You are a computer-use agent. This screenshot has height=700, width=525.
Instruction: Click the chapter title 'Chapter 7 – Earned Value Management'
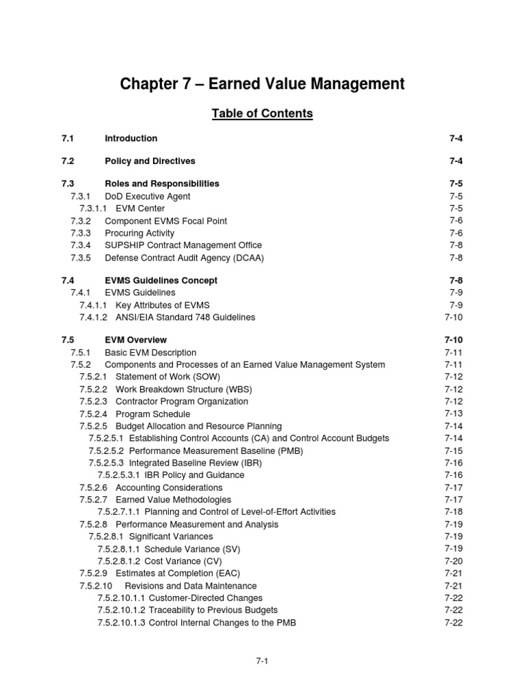pos(262,84)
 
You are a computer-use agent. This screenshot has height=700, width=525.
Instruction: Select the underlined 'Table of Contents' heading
pos(262,113)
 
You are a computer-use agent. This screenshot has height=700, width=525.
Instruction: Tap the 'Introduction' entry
pos(131,138)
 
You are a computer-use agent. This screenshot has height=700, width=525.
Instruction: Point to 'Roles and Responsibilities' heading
pos(162,183)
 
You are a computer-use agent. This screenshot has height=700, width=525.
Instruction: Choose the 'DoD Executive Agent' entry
pos(148,196)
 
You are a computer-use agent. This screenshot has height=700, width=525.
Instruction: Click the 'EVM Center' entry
pos(140,208)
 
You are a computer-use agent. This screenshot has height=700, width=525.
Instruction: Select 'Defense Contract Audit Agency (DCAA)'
pos(184,258)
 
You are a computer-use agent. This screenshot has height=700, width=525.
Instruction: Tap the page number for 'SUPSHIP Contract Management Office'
pos(456,245)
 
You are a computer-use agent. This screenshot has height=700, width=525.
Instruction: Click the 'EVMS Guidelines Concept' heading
pos(161,280)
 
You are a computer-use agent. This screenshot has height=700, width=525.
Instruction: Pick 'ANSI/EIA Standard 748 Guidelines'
pos(185,317)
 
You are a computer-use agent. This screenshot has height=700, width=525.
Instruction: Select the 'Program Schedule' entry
pos(153,414)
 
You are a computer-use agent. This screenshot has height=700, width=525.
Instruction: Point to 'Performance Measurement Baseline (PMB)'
pos(216,450)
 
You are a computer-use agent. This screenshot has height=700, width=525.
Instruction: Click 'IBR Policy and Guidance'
pos(194,475)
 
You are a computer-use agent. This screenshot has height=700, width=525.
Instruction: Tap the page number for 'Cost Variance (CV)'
pos(454,561)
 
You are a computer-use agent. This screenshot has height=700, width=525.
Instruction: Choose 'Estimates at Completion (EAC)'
pos(178,573)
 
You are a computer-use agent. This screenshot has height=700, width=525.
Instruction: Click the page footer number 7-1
pos(262,661)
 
